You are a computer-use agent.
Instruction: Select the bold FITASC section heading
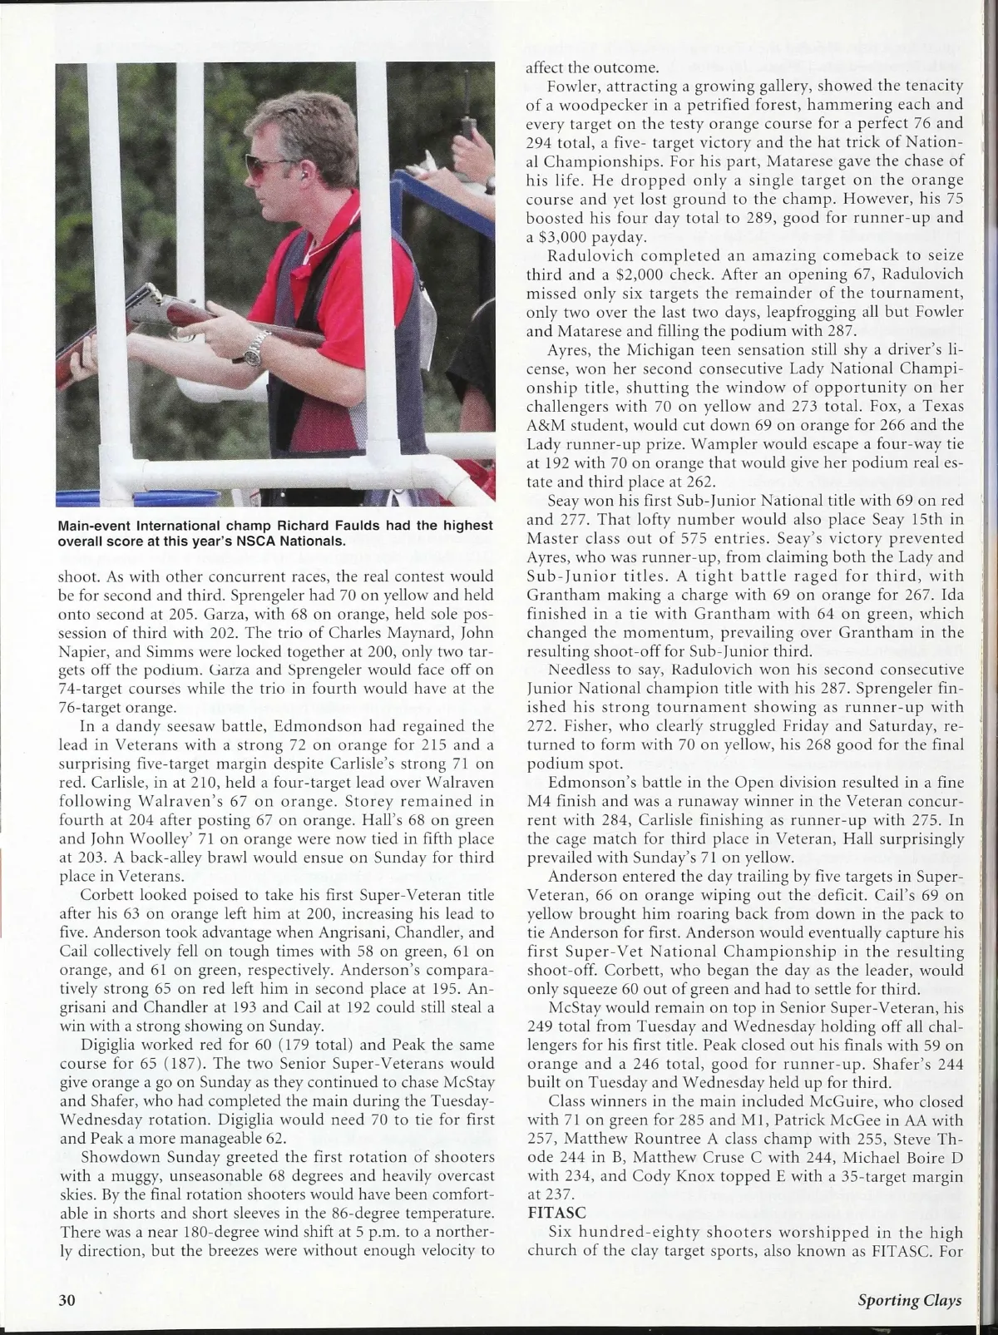tap(551, 1212)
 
